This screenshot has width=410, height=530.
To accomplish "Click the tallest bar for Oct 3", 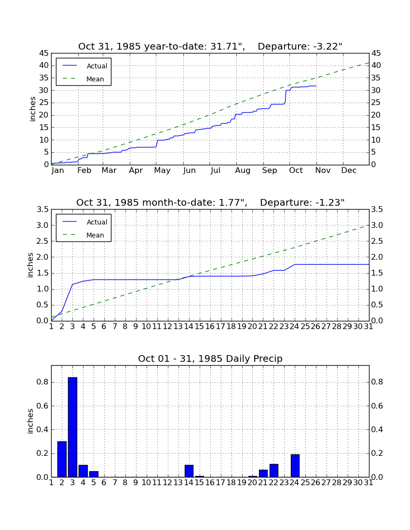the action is click(x=72, y=427).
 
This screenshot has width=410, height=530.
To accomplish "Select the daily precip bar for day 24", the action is click(x=295, y=466).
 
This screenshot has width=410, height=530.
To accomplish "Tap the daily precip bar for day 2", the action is click(x=62, y=459).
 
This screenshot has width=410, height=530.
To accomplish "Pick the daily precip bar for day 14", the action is click(x=189, y=471).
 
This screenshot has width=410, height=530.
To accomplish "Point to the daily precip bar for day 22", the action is click(x=274, y=471).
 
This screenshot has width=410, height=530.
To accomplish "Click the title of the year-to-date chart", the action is click(x=210, y=46).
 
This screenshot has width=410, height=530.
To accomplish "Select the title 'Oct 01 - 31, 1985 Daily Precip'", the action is click(x=210, y=358).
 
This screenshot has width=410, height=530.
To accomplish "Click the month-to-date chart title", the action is click(x=210, y=202).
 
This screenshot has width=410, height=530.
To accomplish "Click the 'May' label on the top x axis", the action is click(x=162, y=171).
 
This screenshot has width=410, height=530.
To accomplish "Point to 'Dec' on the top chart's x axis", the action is click(x=349, y=171).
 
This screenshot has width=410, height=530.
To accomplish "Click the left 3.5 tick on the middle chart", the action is click(x=42, y=210).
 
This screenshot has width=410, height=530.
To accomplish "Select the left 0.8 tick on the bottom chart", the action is click(x=42, y=382).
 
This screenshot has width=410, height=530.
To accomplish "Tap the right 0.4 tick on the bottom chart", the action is click(x=377, y=430).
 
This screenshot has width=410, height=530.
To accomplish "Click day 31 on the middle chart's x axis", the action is click(x=369, y=327).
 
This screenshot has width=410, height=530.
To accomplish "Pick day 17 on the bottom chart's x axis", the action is click(x=220, y=483).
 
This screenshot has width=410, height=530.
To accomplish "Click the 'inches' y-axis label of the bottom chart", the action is click(x=30, y=421).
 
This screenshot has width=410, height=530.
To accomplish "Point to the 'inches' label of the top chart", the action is click(x=32, y=109).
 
